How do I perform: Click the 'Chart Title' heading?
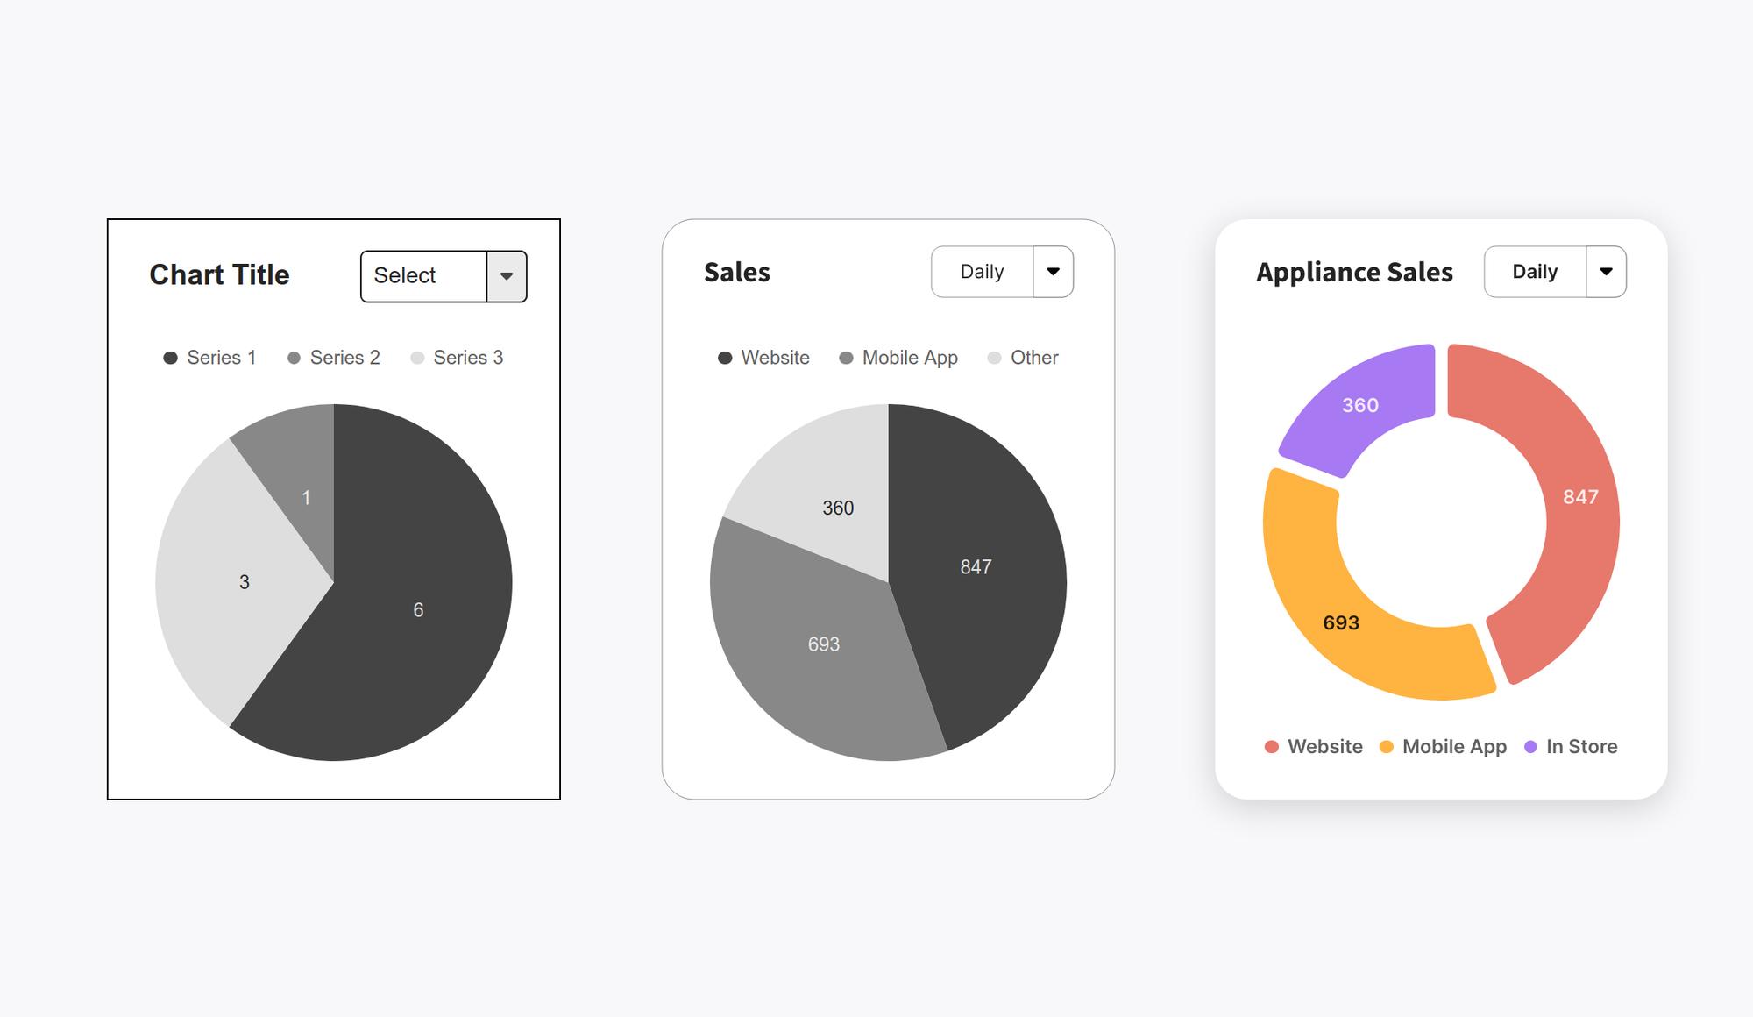click(219, 275)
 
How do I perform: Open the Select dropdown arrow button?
click(507, 276)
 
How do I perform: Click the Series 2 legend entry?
click(334, 358)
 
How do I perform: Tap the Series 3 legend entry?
click(458, 358)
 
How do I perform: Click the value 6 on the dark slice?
click(418, 610)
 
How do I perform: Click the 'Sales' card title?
click(736, 273)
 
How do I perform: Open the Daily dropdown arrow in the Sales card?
click(1053, 272)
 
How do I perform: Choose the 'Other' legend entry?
click(1023, 358)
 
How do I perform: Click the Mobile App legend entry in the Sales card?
click(898, 358)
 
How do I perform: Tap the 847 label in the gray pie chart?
click(976, 567)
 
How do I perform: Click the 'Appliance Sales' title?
click(1354, 273)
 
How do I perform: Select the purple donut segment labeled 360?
click(1360, 405)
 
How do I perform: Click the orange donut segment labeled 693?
click(1341, 622)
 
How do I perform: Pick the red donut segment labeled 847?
click(1579, 497)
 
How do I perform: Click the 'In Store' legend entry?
click(1572, 747)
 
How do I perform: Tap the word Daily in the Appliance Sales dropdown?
click(1535, 272)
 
